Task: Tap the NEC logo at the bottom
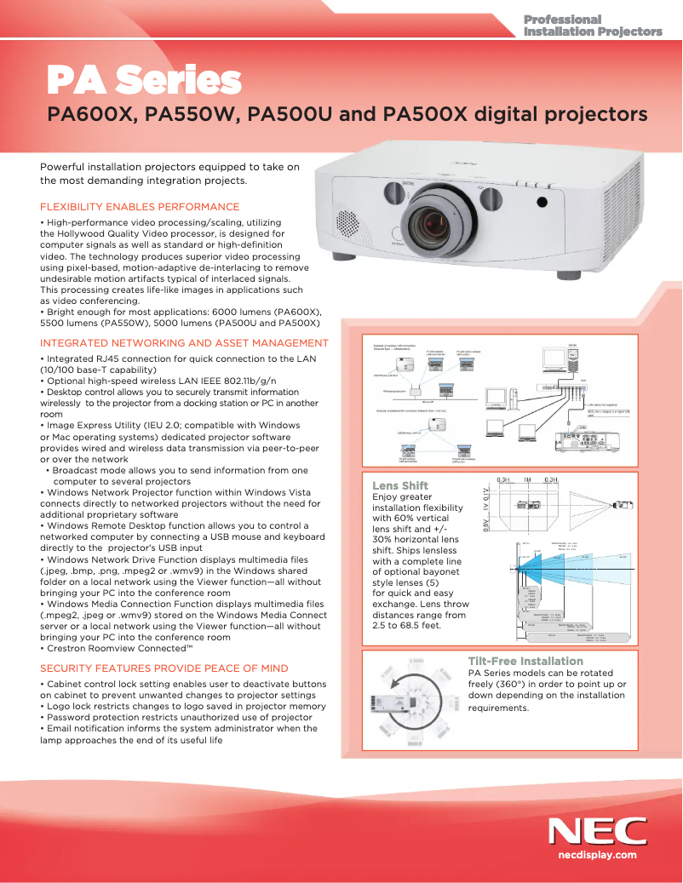[597, 831]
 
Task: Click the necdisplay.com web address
[597, 854]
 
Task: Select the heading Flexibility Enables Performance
[140, 207]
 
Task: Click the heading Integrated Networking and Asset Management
[184, 343]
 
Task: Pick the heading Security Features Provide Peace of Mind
[164, 668]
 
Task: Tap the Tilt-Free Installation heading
[525, 661]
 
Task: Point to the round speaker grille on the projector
[348, 223]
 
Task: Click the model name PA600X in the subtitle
[92, 114]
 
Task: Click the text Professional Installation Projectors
[592, 26]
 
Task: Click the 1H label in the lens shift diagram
[527, 480]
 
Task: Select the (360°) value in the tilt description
[520, 684]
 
